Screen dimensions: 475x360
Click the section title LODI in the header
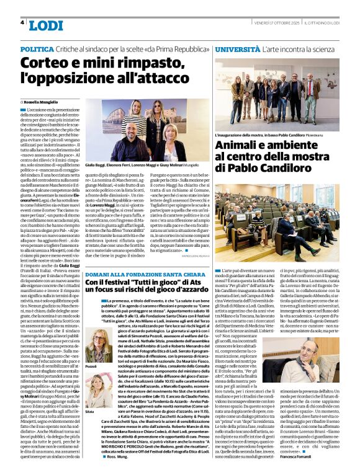46,25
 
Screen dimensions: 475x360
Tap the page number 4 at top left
22,22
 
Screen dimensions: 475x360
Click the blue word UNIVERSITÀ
239,48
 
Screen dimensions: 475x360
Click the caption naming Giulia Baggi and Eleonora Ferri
118,166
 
